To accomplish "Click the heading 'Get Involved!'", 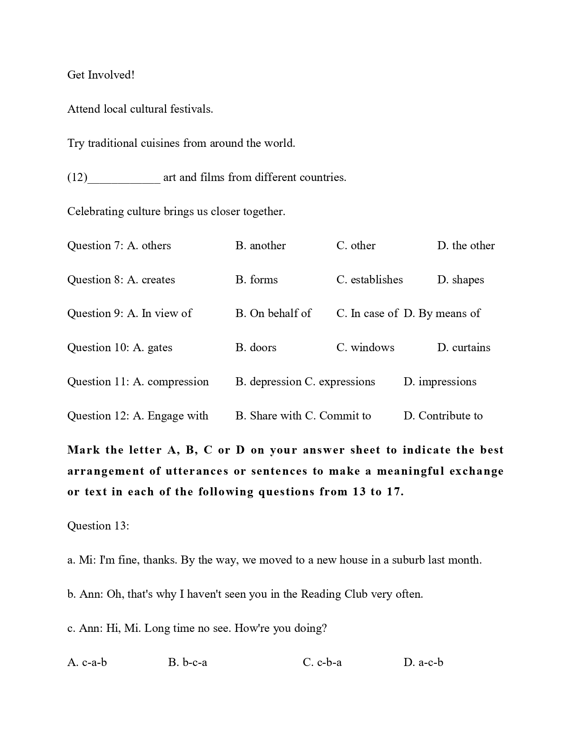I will coord(101,75).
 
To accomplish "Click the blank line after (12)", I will coord(124,178).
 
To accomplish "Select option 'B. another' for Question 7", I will coord(260,246).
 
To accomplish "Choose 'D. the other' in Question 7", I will coord(466,246).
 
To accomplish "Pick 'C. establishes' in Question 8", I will coord(369,280).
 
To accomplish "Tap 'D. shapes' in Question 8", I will coord(460,280).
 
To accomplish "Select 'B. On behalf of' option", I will coord(273,313).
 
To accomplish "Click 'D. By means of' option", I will coord(441,313).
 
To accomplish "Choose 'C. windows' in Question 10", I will coord(365,348).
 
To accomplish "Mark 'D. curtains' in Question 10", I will coord(463,348).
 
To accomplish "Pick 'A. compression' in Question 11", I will coord(171,382).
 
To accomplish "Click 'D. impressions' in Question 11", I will coord(440,382).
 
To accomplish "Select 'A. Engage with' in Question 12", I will coord(170,416).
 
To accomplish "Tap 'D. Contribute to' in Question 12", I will coord(443,416).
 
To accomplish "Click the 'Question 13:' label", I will coord(98,526).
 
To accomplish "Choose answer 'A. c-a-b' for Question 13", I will coord(87,662).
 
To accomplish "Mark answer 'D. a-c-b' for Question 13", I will coord(423,662).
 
